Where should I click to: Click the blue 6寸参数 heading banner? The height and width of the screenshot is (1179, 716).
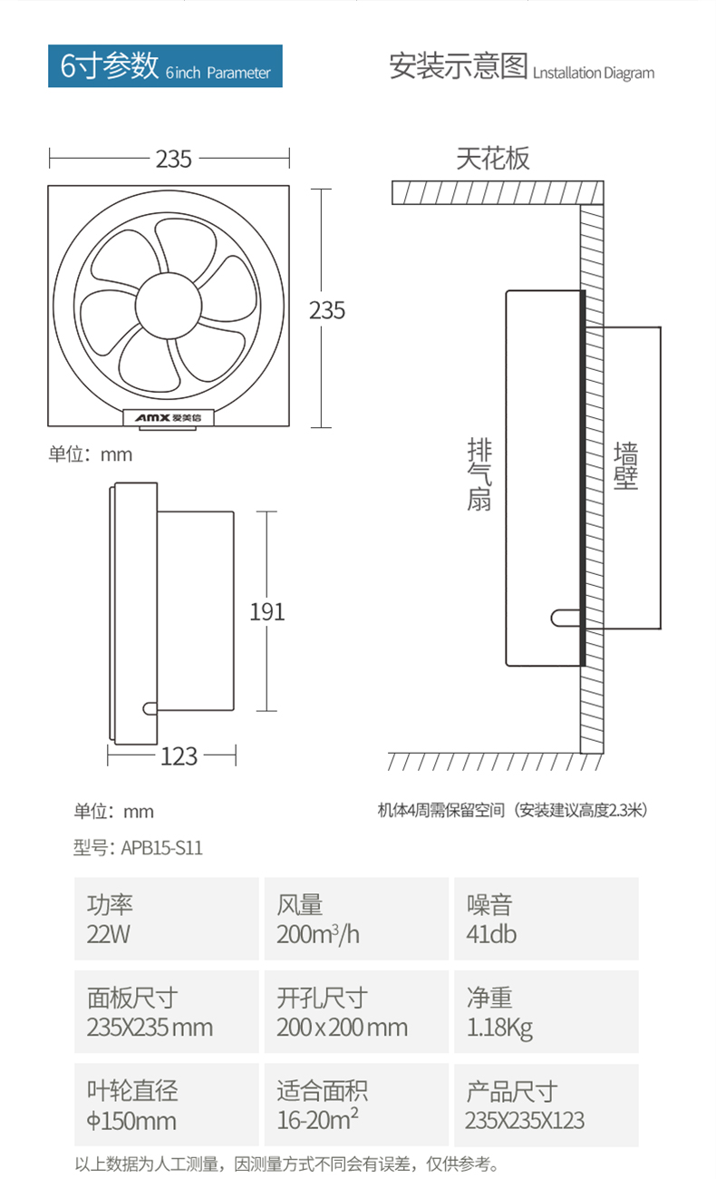point(165,67)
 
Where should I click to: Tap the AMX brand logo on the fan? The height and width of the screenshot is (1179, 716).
point(169,418)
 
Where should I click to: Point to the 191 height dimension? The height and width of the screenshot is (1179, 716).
point(266,611)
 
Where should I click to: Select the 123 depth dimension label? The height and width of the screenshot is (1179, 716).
point(179,755)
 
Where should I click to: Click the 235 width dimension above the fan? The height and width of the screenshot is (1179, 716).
point(173,159)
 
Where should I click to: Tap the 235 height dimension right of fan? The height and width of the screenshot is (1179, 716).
point(327,310)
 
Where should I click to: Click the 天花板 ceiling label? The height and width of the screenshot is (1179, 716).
point(492,160)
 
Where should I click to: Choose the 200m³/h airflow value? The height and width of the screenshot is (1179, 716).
point(318,934)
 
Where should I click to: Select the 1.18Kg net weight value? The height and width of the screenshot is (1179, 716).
point(499,1028)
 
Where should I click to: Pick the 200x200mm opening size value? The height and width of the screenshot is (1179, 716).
point(342,1028)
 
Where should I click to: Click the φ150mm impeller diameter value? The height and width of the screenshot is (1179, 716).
point(131,1121)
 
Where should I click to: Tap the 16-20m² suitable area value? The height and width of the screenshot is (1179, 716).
point(318,1120)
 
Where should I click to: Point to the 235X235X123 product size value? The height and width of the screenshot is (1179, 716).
point(525,1121)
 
